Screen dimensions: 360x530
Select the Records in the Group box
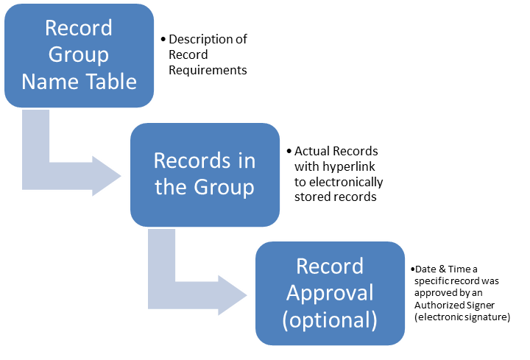coord(205,174)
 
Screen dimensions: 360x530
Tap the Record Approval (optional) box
coord(330,292)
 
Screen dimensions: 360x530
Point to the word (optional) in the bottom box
coord(330,320)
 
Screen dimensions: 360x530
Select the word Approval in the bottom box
coord(330,293)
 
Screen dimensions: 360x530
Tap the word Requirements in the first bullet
coord(208,70)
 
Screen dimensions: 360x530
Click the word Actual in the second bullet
coord(311,151)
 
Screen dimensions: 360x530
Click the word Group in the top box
coord(79,54)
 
